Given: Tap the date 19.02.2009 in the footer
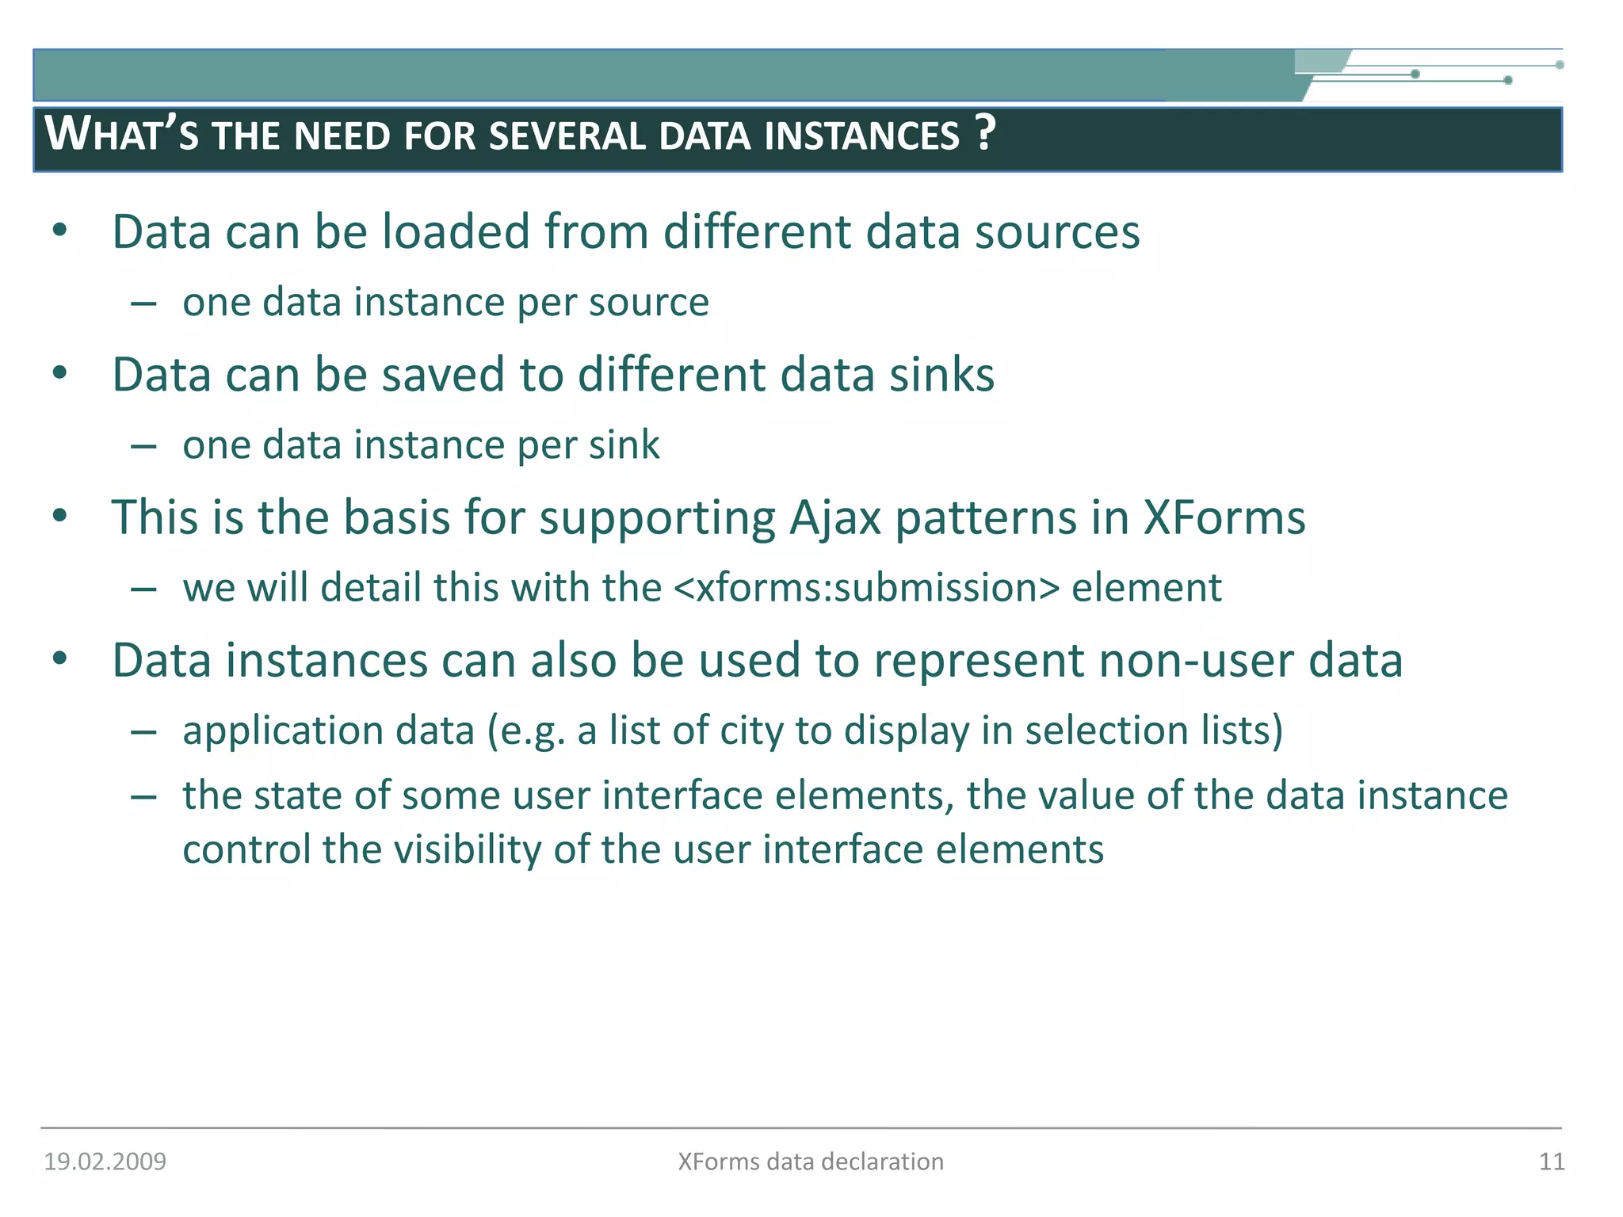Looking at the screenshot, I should click(105, 1162).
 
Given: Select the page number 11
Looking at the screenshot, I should click(1551, 1162).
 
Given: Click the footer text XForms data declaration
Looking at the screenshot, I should click(810, 1162).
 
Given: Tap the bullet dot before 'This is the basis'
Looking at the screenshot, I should click(60, 517).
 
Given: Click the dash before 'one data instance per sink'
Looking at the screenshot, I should click(143, 447).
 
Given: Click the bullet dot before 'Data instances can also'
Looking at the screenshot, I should click(60, 659).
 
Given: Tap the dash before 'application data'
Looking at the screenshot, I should click(143, 732).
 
